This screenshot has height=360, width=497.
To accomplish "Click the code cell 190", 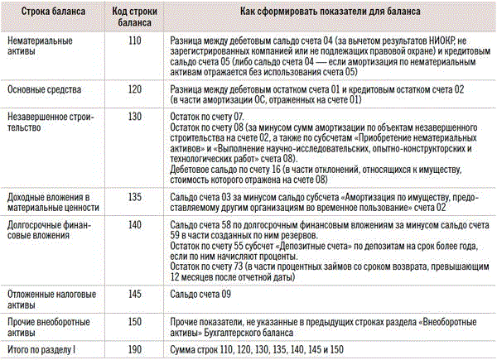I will (x=129, y=349).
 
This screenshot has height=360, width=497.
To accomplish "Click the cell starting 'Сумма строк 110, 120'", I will (x=256, y=349).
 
